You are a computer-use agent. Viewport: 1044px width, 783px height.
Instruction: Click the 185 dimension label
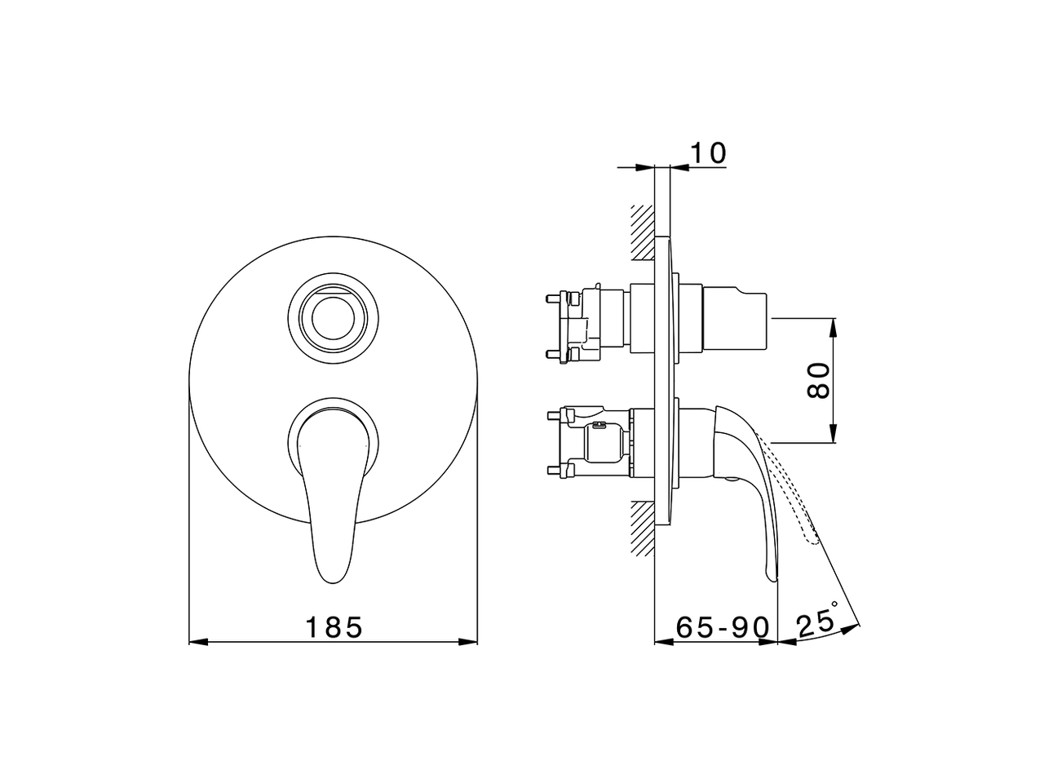[x=334, y=627]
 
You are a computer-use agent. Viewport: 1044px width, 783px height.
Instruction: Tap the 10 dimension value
[x=708, y=153]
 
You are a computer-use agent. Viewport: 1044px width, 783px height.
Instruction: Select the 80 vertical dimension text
[x=819, y=380]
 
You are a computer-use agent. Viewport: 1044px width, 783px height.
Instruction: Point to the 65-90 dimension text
[x=723, y=627]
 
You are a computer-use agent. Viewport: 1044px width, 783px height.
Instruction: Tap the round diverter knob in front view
[x=333, y=318]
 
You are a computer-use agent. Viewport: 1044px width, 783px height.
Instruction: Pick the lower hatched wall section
[x=643, y=529]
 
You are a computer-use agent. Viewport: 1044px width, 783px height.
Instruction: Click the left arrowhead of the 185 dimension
[x=198, y=642]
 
